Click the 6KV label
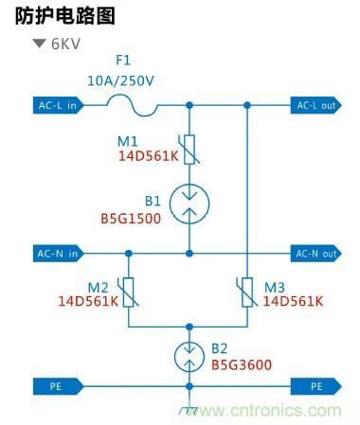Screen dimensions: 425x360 tap(70, 44)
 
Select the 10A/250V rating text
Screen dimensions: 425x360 tap(120, 81)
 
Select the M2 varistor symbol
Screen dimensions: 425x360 tap(128, 293)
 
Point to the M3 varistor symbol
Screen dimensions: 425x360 tap(247, 293)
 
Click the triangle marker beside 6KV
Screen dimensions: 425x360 tap(39, 44)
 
